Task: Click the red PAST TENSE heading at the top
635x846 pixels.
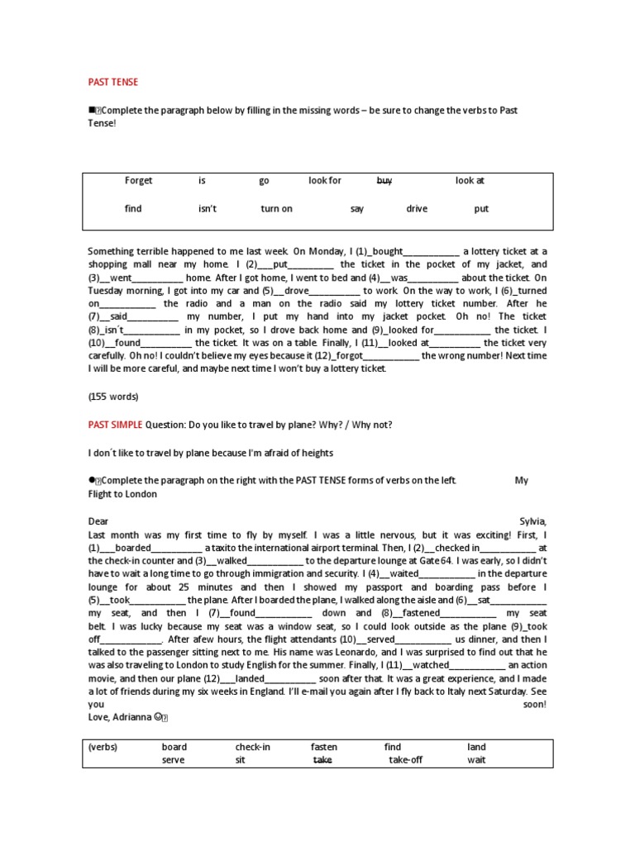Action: tap(113, 82)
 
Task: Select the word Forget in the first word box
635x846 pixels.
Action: tap(138, 180)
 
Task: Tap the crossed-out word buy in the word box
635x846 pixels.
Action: tap(384, 180)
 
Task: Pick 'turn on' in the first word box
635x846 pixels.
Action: tap(276, 209)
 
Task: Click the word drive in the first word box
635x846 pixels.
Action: tap(417, 209)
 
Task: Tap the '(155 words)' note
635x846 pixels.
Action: tap(113, 396)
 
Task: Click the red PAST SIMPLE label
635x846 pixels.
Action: tap(115, 425)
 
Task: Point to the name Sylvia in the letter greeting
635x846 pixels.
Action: tap(532, 520)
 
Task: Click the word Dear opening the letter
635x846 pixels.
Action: tap(98, 520)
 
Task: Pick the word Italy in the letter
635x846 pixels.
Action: tap(429, 692)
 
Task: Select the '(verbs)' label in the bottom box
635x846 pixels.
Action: tap(103, 747)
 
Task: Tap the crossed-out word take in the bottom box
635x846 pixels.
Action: tap(322, 760)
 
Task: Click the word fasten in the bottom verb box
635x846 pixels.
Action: tap(323, 747)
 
